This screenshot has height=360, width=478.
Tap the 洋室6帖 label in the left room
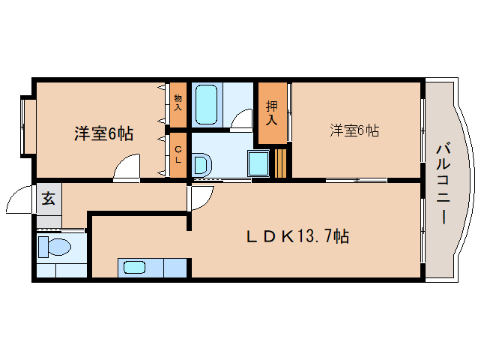click(103, 134)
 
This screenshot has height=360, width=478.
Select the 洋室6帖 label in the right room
click(354, 130)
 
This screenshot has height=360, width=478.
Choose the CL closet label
click(178, 155)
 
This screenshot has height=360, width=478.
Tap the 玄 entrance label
click(48, 199)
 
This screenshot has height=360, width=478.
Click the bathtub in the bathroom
click(206, 105)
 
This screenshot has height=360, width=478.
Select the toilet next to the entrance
click(53, 247)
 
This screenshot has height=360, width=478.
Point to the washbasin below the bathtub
click(202, 163)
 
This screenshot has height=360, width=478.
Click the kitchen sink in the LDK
click(136, 266)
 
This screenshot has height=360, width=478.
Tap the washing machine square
click(259, 162)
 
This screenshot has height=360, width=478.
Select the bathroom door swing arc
click(241, 120)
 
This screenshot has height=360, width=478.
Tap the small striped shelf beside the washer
click(280, 163)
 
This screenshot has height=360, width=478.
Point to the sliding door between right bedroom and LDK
click(356, 180)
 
